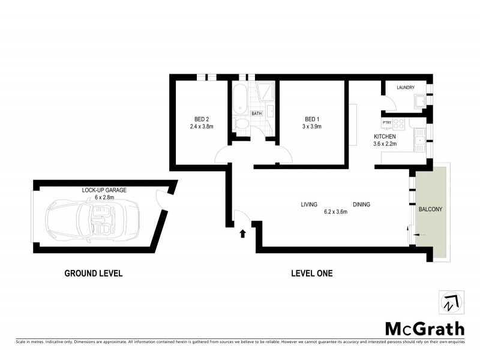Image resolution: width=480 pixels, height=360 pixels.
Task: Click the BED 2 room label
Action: coord(202,118)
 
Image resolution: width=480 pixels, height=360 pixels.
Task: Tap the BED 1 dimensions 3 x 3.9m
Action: coord(312,127)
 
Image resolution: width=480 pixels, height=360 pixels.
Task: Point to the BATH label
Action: coord(257,113)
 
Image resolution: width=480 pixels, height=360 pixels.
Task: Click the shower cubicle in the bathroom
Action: coord(265,94)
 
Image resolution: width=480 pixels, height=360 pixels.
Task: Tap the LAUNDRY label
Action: coord(406,88)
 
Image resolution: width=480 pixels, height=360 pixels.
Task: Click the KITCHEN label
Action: coord(385,137)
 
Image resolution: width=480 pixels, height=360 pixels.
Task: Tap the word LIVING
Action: coord(309,205)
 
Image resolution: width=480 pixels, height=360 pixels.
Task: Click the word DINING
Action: coord(361,205)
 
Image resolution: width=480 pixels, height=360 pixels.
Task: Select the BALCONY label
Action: coord(431,209)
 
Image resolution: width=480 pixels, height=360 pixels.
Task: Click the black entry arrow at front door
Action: coord(243,233)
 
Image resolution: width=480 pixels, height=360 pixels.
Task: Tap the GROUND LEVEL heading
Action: coord(94,274)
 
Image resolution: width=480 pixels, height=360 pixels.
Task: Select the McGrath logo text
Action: coord(424,328)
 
